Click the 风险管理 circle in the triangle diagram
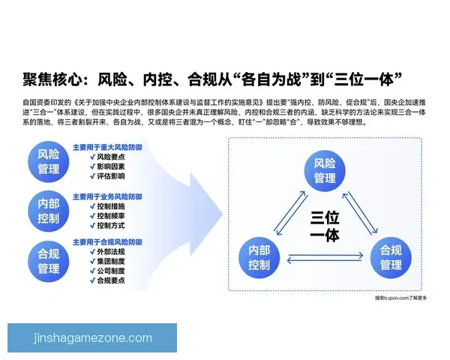click(x=325, y=171)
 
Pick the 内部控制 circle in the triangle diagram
click(x=259, y=256)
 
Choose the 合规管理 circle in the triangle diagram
click(x=391, y=256)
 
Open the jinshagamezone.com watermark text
click(x=93, y=338)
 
